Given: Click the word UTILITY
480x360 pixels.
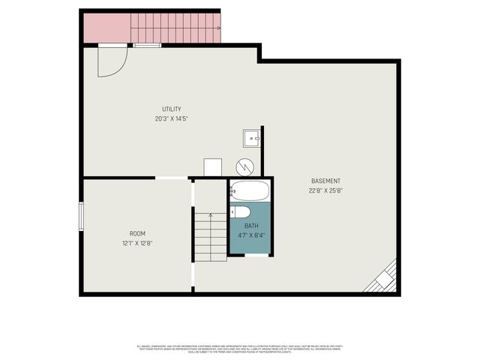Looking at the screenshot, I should point(171,109).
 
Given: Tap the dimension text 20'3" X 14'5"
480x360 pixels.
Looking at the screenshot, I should point(171,118).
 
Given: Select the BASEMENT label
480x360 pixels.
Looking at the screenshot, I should point(325,181).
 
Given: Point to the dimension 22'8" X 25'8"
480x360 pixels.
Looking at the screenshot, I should point(325,190).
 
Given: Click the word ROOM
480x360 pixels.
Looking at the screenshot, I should point(137,233).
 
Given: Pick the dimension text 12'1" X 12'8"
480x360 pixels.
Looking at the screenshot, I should point(137,243).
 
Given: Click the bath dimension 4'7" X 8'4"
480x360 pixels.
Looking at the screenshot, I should point(252,235).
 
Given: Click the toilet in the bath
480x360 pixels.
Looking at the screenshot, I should point(241,212).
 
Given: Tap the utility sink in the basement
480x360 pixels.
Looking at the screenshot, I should point(251,138).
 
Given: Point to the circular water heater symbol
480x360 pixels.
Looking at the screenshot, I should point(244,166).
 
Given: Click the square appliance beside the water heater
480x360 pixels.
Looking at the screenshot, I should point(212,167).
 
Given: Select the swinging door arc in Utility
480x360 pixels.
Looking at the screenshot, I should point(109,63).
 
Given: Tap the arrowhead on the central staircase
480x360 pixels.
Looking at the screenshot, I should point(211,215).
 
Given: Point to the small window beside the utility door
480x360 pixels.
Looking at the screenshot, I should point(147,46).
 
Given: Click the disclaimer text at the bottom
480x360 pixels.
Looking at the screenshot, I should point(239,349).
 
